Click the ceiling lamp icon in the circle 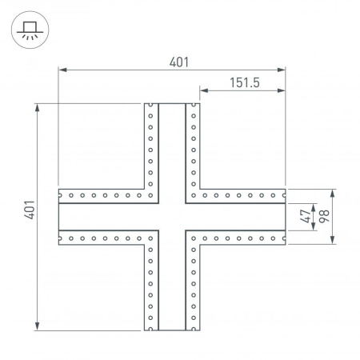click(26, 30)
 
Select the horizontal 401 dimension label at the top click(173, 62)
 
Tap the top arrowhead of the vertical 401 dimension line click(38, 106)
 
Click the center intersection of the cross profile click(172, 216)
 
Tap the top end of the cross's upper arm click(172, 104)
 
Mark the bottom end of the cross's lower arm click(172, 329)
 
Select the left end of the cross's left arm click(59, 216)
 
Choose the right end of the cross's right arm click(286, 216)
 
